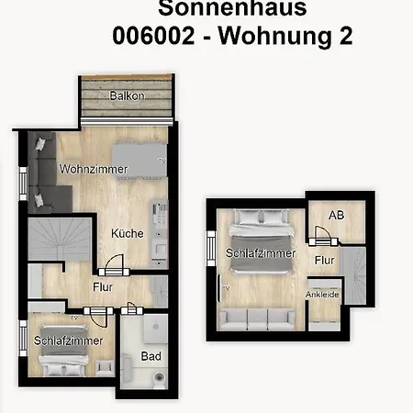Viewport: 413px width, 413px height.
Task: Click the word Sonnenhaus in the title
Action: [x=231, y=8]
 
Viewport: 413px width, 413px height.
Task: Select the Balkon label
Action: [x=126, y=96]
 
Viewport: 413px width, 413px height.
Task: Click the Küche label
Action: [x=128, y=234]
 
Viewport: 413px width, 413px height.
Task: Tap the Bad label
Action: [x=151, y=356]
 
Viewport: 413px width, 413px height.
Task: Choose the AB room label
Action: [x=337, y=217]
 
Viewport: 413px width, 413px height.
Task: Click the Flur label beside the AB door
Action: [x=324, y=260]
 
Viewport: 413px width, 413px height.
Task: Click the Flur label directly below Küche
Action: [x=102, y=286]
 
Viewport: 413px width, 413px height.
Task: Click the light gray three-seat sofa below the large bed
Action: [x=257, y=318]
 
